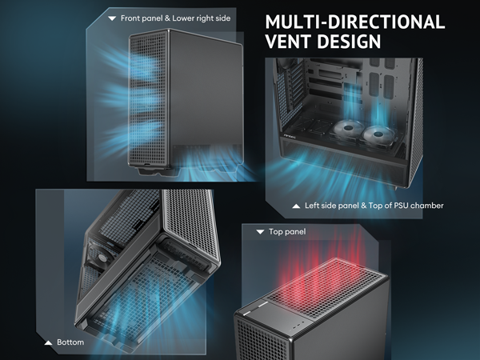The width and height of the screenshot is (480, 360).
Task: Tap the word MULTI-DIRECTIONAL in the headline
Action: [x=354, y=21]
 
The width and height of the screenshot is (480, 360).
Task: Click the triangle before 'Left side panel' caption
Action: [x=296, y=206]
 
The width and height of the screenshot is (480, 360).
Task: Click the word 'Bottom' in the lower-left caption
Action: [x=70, y=342]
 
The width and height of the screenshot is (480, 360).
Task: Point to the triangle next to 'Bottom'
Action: [x=50, y=342]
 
